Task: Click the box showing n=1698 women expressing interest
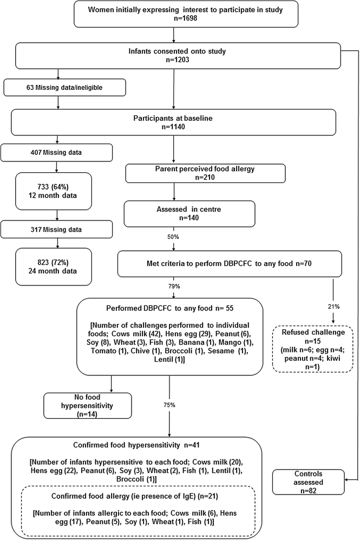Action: point(173,15)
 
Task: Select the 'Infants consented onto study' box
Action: point(173,55)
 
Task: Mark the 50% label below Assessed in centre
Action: point(173,237)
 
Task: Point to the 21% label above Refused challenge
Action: point(333,307)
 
